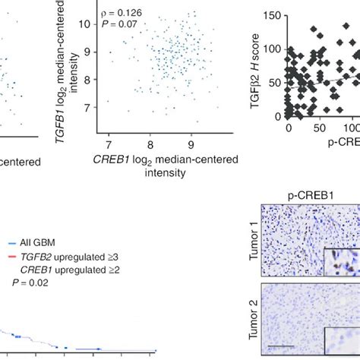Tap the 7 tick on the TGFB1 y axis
coord(93,109)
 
